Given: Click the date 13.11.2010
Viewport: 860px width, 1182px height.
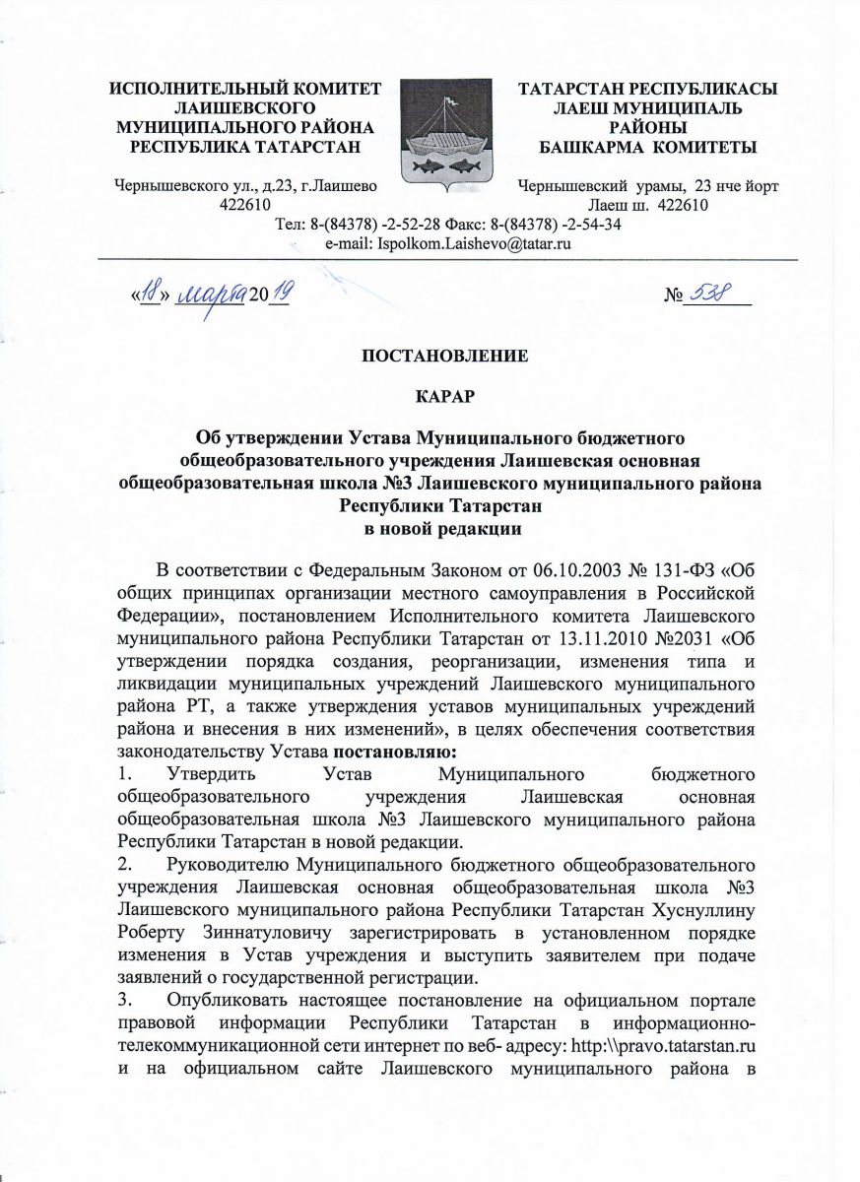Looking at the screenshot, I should (x=643, y=637).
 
